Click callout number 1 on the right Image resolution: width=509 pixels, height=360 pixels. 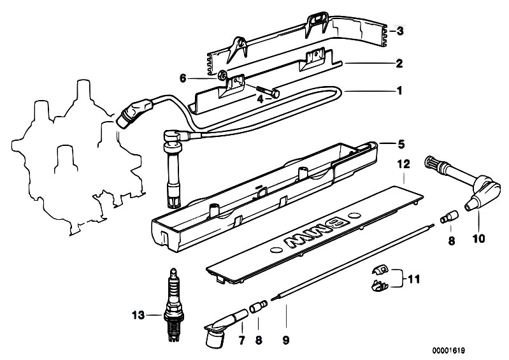[399, 90]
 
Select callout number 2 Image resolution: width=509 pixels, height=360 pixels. [399, 63]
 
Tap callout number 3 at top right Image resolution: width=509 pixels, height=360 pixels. [399, 31]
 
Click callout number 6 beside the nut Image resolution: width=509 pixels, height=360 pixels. [182, 78]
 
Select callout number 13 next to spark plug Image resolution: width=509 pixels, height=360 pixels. [136, 314]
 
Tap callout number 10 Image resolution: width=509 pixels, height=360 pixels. [478, 240]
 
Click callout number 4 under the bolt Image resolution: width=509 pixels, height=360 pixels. [260, 99]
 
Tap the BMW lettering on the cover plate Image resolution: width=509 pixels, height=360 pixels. [319, 236]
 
